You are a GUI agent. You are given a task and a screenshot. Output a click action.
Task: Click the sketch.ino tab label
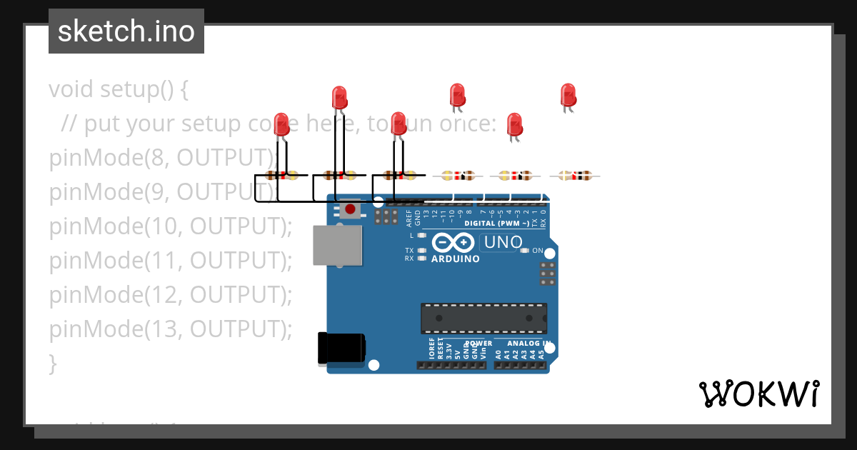[x=126, y=31]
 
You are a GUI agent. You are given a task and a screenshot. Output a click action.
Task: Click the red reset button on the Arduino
[x=350, y=209]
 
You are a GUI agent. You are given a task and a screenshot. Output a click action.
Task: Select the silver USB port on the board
[x=337, y=246]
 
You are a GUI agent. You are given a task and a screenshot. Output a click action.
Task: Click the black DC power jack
[x=342, y=349]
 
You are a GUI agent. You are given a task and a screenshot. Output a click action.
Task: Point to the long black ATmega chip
[x=483, y=319]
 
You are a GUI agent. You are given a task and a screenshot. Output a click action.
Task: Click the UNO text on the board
[x=503, y=243]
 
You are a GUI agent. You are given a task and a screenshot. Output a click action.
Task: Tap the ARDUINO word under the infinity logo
[x=456, y=259]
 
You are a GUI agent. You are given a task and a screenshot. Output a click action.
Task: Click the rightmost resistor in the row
[x=576, y=175]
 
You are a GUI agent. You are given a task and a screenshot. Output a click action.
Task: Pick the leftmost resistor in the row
[x=281, y=175]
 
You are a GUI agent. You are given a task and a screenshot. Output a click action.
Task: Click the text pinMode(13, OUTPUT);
[x=171, y=329]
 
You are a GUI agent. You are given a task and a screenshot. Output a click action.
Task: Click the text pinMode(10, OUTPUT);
[x=171, y=226]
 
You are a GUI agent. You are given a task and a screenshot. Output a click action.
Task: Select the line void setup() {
[x=119, y=89]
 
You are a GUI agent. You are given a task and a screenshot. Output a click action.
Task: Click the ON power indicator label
[x=538, y=251]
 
